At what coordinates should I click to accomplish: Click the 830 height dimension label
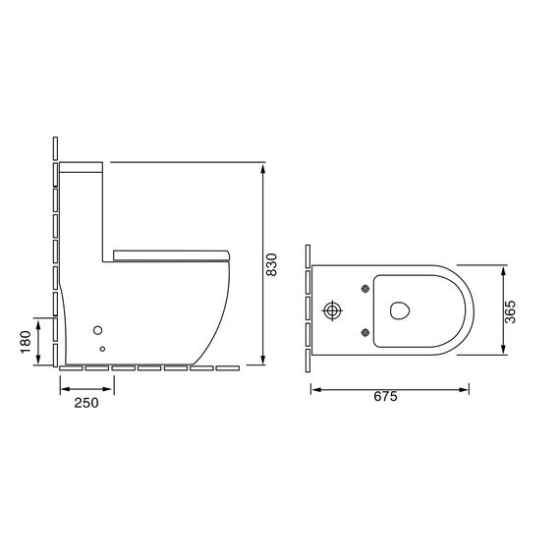pos(272,264)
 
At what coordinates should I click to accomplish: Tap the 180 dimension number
pos(26,342)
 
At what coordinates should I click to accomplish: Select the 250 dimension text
pos(86,403)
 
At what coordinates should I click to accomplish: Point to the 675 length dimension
pos(386,397)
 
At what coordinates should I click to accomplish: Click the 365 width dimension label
pos(510,311)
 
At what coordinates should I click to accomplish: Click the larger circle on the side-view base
pos(98,330)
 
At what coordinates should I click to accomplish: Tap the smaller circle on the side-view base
pos(102,349)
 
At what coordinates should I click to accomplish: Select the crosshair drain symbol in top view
pos(332,310)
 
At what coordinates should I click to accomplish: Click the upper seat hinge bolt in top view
pos(365,289)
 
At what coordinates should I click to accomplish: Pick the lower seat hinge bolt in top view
pos(365,333)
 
